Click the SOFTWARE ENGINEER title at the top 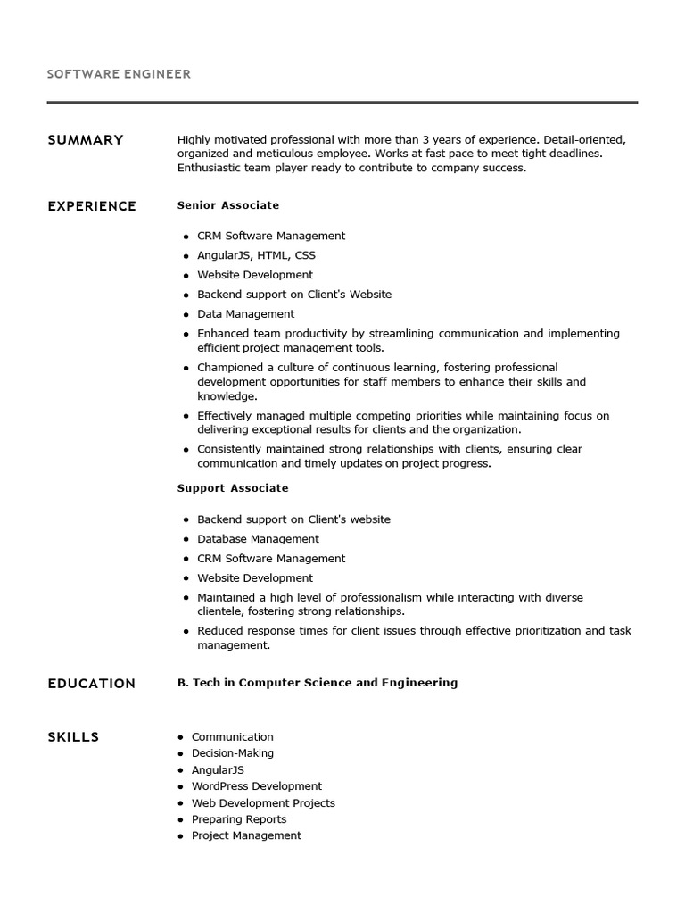[x=119, y=74]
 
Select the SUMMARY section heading [x=85, y=140]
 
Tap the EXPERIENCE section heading [x=91, y=206]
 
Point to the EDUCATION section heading [x=91, y=684]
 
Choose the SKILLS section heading [x=73, y=737]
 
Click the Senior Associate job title [x=228, y=205]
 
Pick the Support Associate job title [x=233, y=488]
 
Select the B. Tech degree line [x=318, y=683]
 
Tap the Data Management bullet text [x=245, y=314]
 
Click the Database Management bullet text [x=258, y=539]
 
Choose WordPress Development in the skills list [x=257, y=786]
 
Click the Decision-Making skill [x=233, y=753]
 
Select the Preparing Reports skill [x=239, y=819]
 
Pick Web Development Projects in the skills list [x=263, y=803]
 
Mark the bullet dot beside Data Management [x=186, y=315]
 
